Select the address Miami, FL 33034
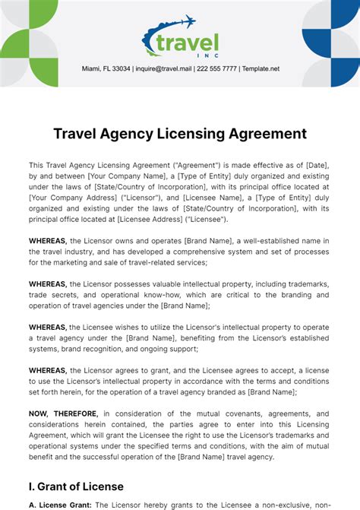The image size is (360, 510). tap(106, 68)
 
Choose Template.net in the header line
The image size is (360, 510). tap(261, 68)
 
